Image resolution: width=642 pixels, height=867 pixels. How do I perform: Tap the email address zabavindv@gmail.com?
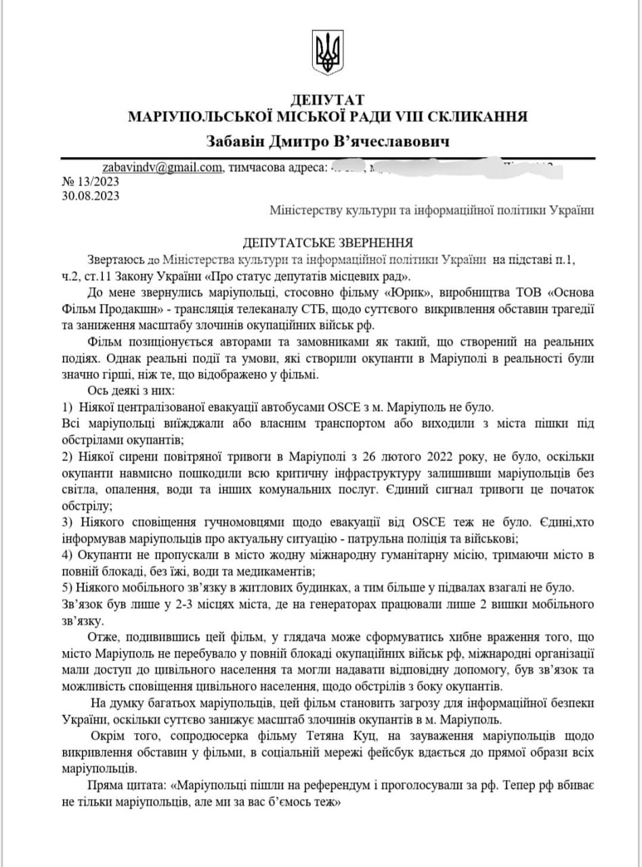click(x=162, y=167)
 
